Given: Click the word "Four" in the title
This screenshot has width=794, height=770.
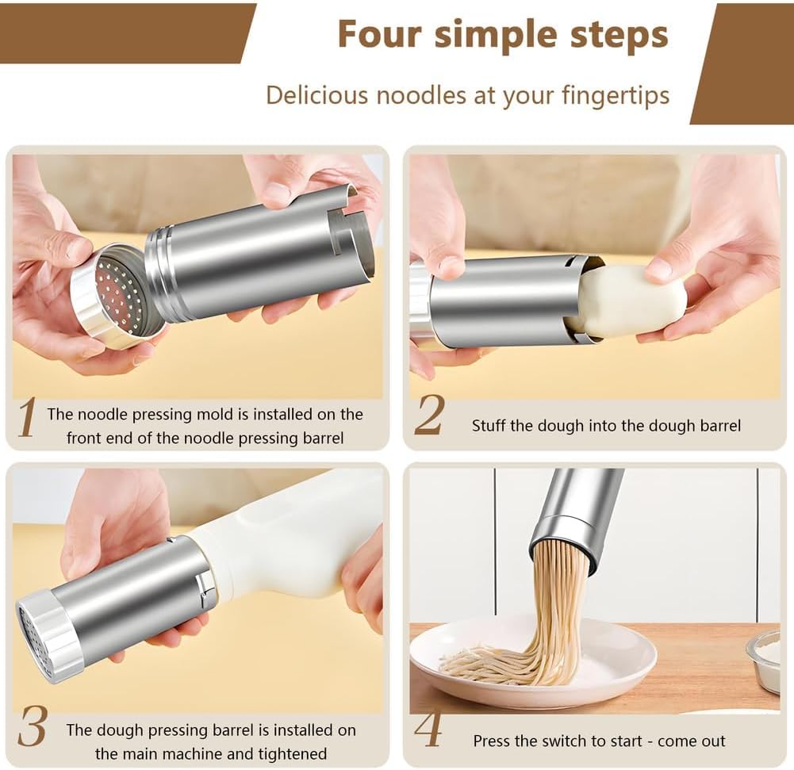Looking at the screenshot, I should click(378, 35).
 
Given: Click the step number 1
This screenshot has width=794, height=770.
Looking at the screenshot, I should click(27, 418).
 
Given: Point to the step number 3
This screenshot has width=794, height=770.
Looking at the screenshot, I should click(32, 727).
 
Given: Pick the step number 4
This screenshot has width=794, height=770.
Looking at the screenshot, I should click(428, 731).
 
